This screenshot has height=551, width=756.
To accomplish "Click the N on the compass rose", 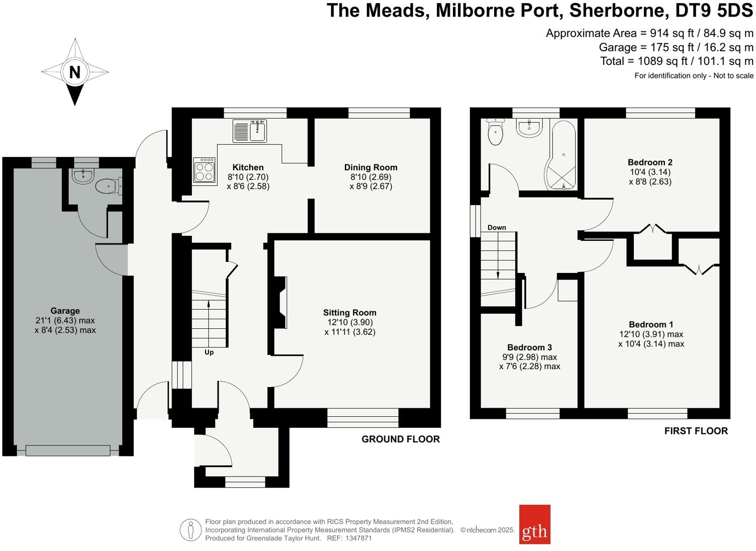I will (x=74, y=72).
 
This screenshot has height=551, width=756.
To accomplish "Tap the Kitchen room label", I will (x=248, y=167).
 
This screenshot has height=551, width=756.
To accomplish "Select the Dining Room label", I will (x=370, y=167).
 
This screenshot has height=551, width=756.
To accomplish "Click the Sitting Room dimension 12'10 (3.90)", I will (x=349, y=322).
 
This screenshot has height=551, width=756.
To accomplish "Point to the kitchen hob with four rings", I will (x=205, y=170).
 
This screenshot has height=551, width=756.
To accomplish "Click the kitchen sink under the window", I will (x=250, y=131).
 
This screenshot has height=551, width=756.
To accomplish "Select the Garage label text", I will (x=65, y=311).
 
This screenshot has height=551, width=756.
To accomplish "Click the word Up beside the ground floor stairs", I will (x=209, y=352).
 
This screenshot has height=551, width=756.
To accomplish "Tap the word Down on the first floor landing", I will (x=497, y=227).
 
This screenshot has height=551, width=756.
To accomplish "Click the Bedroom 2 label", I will (x=650, y=162).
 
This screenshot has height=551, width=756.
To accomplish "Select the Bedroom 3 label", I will (x=529, y=347).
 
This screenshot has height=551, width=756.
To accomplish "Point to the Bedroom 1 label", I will (x=651, y=325).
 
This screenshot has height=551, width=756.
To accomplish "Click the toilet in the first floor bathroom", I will (x=496, y=133).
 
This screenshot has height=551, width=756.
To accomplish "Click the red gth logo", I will (x=534, y=524).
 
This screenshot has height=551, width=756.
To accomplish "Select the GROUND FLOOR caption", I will (x=401, y=439).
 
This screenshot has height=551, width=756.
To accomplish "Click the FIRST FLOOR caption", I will (x=696, y=431).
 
